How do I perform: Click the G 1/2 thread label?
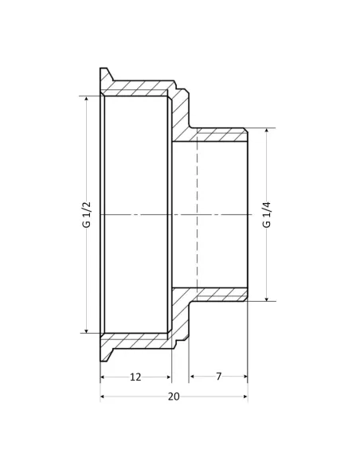pos(87,214)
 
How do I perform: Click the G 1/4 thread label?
pos(267,214)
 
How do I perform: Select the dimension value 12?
pos(135,377)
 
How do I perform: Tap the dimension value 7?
pos(218,377)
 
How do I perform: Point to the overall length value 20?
pos(174,397)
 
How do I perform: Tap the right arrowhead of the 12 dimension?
pos(168,377)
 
